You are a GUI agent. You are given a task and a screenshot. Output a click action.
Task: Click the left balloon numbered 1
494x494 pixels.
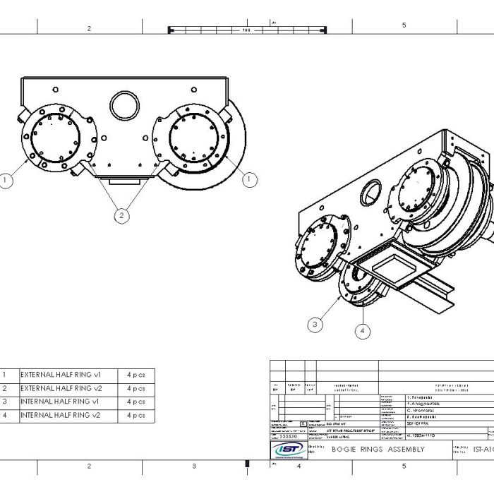pyautogui.click(x=6, y=181)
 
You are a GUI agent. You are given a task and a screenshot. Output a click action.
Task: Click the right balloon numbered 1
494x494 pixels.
pyautogui.click(x=249, y=180)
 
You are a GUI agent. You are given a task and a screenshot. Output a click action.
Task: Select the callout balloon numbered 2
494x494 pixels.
pyautogui.click(x=121, y=216)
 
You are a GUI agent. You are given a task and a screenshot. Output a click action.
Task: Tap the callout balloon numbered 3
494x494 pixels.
pyautogui.click(x=315, y=324)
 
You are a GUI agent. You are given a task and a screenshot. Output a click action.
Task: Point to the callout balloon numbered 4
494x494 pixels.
pyautogui.click(x=363, y=330)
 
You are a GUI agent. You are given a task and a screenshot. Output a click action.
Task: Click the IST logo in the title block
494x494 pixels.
pyautogui.click(x=289, y=449)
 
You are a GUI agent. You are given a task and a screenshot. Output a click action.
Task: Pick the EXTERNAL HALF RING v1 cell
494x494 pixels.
pyautogui.click(x=61, y=375)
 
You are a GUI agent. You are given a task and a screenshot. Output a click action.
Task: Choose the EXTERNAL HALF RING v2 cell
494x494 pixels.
pyautogui.click(x=61, y=388)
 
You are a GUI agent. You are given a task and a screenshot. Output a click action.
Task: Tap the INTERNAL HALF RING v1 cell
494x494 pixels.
pyautogui.click(x=61, y=402)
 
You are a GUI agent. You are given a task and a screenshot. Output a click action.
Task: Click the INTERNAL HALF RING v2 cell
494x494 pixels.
pyautogui.click(x=61, y=415)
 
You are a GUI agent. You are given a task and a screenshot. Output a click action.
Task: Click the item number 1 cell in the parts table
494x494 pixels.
pyautogui.click(x=5, y=375)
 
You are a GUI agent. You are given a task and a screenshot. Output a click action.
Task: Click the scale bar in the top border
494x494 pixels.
pyautogui.click(x=246, y=30)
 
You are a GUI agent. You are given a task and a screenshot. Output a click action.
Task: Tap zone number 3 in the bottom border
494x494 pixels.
pyautogui.click(x=194, y=466)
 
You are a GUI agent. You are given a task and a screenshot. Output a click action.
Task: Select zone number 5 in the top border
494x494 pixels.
pyautogui.click(x=404, y=26)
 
